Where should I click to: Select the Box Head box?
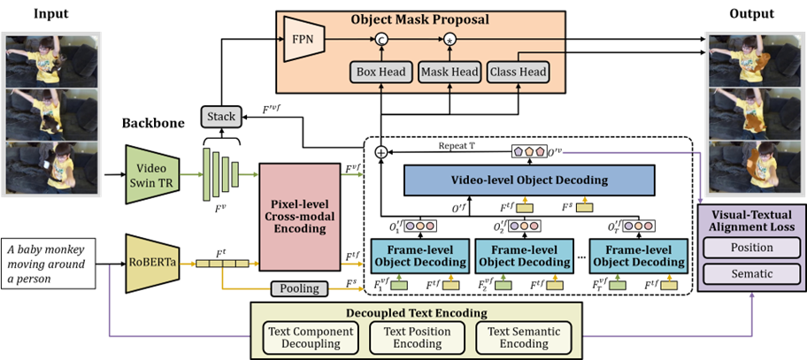(380, 72)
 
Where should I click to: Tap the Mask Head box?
(449, 72)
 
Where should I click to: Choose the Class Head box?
(519, 72)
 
